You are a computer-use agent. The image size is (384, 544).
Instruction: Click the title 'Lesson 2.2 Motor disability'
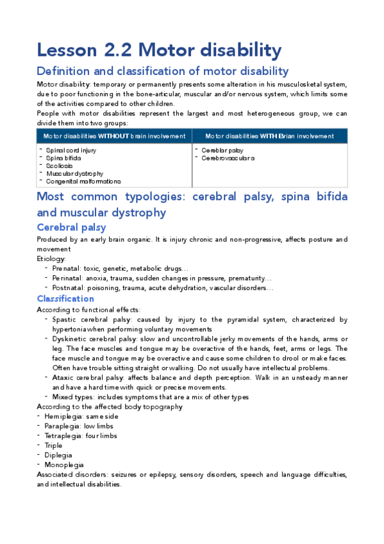(x=159, y=50)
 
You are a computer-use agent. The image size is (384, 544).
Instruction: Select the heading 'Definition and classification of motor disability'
(x=163, y=71)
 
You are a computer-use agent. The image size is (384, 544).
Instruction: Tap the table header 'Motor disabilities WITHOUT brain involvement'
(x=114, y=136)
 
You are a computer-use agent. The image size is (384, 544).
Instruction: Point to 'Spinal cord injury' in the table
(x=71, y=150)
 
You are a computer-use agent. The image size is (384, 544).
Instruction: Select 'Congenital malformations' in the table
(x=83, y=182)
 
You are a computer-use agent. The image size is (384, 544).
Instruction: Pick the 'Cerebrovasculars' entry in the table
(x=228, y=158)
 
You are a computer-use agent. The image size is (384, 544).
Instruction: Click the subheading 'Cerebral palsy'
(x=71, y=227)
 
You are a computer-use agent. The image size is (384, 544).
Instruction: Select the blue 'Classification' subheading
(x=65, y=299)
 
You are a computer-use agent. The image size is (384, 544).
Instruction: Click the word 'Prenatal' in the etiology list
(x=67, y=268)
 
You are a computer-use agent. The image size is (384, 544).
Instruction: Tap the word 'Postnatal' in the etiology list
(x=69, y=289)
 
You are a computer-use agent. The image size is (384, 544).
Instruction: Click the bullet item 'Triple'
(x=53, y=445)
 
